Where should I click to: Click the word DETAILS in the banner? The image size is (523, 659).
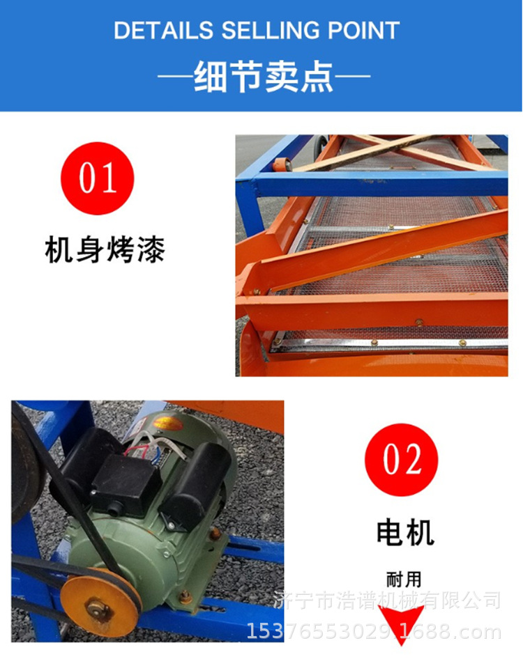(164, 31)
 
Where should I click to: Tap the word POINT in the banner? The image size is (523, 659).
(363, 31)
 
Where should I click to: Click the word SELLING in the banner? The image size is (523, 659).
(271, 31)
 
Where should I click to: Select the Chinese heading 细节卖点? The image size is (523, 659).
(264, 77)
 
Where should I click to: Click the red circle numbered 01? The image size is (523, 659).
(97, 178)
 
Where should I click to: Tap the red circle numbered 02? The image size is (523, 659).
(402, 459)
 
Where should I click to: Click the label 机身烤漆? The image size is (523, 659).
(105, 249)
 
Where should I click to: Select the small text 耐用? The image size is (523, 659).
(404, 580)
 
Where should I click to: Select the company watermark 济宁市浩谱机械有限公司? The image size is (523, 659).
(387, 600)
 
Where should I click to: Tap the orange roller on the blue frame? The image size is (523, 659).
(282, 164)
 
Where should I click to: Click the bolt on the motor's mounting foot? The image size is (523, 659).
(184, 596)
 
